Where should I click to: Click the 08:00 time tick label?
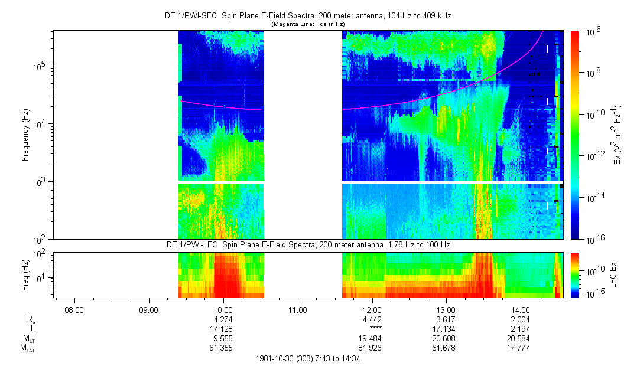coord(74,309)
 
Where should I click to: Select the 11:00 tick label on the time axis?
coord(297,309)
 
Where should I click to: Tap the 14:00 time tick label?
coord(520,309)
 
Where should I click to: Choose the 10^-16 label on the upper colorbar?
coord(594,238)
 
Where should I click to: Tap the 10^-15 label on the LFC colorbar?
coord(594,293)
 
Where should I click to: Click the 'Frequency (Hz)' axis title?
coord(25,135)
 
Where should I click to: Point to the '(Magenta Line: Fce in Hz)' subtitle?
coord(308,24)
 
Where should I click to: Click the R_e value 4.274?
coord(223,319)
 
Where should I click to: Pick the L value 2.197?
coord(520,329)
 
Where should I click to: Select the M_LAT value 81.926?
coord(372,348)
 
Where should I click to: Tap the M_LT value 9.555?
coord(223,339)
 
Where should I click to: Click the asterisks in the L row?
coord(372,329)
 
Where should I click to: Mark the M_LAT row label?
coord(28,349)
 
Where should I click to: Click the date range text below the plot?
coord(308,358)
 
